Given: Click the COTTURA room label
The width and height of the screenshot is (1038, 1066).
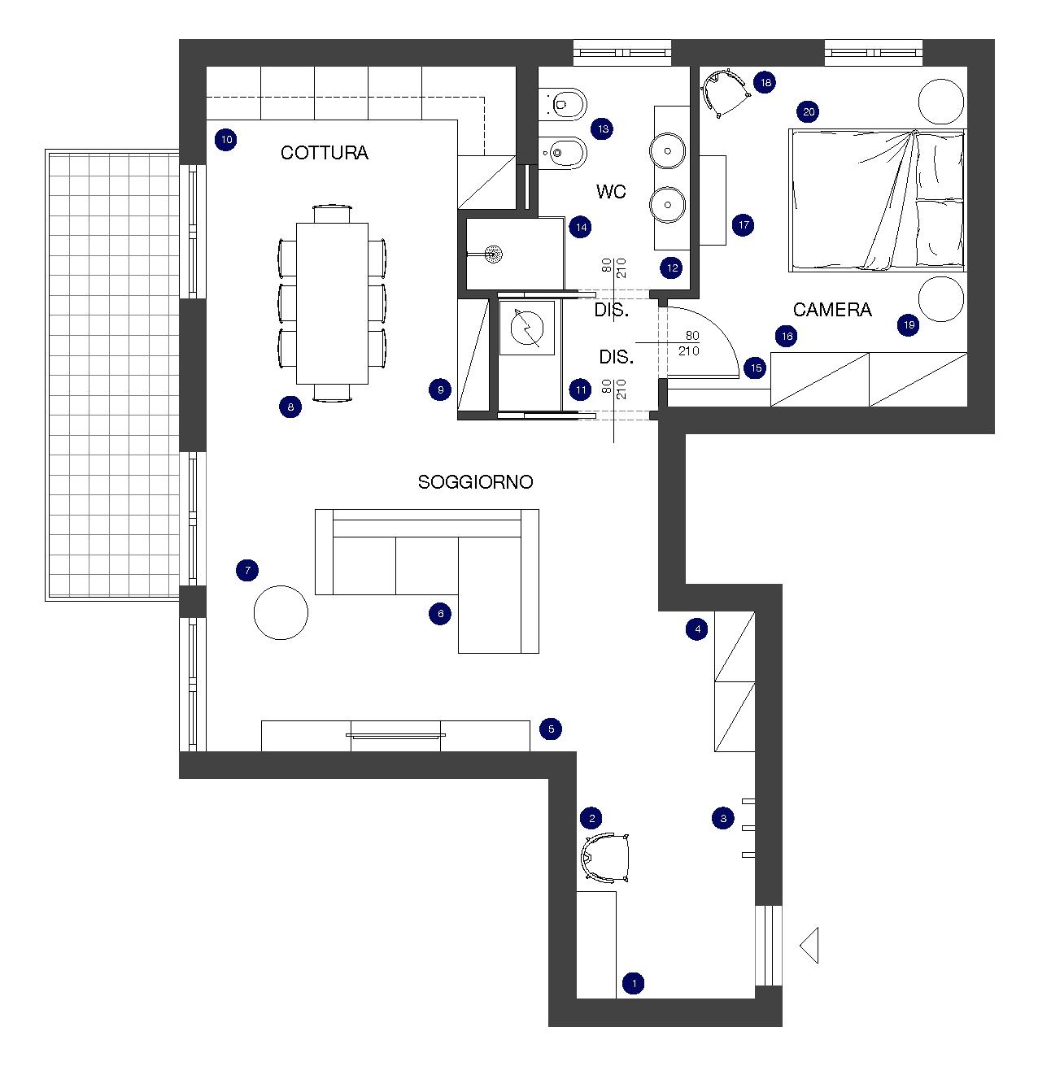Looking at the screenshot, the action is click(324, 152).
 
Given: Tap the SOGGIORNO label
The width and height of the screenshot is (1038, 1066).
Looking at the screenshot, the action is click(475, 481).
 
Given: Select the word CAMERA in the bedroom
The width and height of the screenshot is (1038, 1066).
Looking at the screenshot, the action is click(832, 310).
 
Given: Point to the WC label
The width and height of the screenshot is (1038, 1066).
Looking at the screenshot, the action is click(611, 191).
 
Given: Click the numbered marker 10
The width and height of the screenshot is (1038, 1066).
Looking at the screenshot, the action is click(226, 140).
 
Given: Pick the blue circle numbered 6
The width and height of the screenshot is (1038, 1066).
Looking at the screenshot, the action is click(440, 614).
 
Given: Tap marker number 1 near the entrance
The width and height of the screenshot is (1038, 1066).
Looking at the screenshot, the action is click(634, 983).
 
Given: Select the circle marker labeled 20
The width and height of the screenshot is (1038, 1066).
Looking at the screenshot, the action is click(809, 111).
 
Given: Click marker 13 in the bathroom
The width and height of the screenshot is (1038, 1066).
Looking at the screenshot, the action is click(602, 128).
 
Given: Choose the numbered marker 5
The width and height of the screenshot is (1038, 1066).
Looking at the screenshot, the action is click(551, 729).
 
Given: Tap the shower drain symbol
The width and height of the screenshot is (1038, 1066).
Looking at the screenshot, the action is click(494, 253).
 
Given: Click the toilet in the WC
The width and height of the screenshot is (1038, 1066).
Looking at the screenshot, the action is click(563, 103).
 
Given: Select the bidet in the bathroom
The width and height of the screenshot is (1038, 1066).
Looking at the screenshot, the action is click(563, 152).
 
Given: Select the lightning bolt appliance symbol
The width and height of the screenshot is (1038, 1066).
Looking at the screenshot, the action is click(527, 329).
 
